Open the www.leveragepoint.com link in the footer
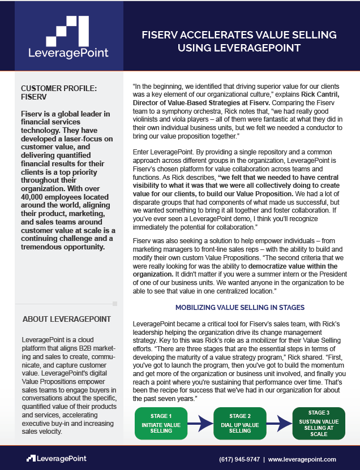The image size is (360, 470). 302,459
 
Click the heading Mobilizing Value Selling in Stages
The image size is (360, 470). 240,308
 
